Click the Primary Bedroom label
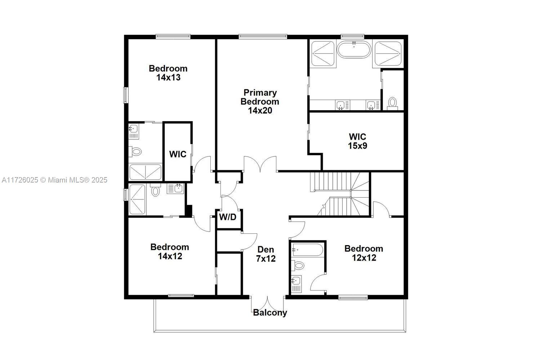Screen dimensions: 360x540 [260, 102]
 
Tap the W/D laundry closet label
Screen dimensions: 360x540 [228, 217]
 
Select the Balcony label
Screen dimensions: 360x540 [270, 312]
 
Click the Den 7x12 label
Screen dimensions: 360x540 [266, 254]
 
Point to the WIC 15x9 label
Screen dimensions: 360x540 [357, 141]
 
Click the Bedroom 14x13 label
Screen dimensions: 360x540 [168, 73]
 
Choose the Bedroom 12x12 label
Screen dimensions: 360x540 [363, 253]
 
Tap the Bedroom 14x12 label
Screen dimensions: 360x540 [170, 251]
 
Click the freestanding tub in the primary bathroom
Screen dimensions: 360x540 [353, 50]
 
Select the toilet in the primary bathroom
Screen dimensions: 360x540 [392, 102]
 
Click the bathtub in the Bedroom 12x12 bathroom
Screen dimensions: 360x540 [307, 249]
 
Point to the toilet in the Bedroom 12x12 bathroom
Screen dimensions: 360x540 [298, 266]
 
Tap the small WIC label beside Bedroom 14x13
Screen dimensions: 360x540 [178, 154]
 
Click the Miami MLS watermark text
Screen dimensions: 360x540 [54, 180]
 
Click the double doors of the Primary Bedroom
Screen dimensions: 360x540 [260, 164]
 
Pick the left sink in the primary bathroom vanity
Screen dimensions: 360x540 [340, 105]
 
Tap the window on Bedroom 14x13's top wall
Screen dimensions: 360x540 [173, 36]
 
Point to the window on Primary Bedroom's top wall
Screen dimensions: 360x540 [263, 36]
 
